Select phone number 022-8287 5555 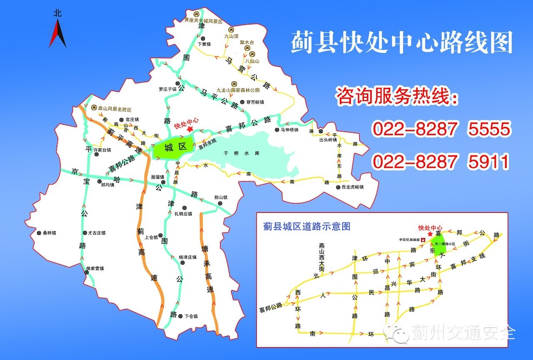tap(441, 130)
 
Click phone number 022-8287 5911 tap(441, 162)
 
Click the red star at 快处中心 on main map tap(190, 129)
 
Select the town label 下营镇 tap(204, 44)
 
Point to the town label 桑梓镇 tap(49, 233)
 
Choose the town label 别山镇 tap(221, 197)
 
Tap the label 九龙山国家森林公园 tap(238, 90)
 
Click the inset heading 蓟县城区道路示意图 tap(306, 227)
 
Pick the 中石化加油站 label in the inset tap(409, 240)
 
